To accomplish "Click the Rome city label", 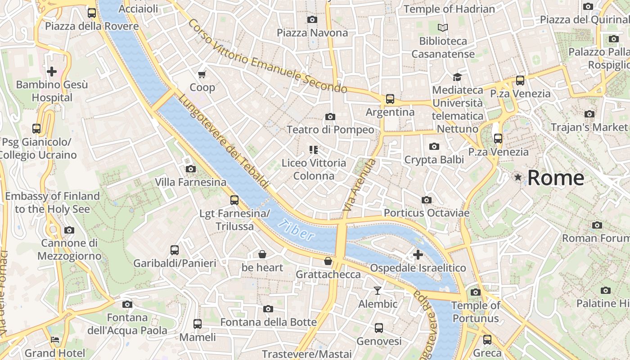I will (555, 178).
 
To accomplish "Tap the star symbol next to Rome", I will (518, 178).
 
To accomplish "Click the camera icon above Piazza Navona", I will (312, 19).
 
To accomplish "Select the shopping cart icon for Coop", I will (202, 74).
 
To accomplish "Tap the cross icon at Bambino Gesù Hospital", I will (52, 71).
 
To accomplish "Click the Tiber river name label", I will (296, 230).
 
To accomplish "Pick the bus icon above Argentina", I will (390, 99).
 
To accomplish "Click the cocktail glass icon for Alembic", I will (378, 291).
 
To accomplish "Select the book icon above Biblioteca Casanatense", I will (443, 28).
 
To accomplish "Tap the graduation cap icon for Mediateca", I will (457, 77).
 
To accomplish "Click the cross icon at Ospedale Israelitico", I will (418, 255).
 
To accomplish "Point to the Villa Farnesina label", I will (190, 182).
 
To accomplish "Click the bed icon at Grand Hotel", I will (55, 340).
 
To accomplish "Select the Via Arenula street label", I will (359, 185).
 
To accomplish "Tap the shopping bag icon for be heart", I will (262, 255).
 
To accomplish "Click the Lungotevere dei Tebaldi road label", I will (224, 141).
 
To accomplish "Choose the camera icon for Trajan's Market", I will (589, 114).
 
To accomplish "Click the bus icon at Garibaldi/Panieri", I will (175, 250).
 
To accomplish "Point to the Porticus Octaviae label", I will (427, 213).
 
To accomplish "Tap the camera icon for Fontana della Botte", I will (268, 309).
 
